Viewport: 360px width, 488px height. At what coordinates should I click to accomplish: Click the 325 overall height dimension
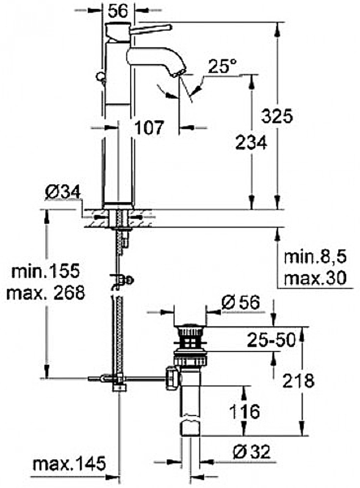pos(277,117)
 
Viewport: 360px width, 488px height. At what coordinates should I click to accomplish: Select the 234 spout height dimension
pos(251,143)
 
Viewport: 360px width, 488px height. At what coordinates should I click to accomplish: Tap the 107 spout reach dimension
pos(149,127)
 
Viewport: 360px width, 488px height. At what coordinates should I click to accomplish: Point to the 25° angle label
pos(222,66)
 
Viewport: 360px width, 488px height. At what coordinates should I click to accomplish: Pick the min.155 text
pos(46,271)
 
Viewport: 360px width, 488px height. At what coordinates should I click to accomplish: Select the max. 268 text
pos(46,293)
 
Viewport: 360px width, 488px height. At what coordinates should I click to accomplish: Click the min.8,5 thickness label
pos(315,257)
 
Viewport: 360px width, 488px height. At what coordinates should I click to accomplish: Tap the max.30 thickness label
pos(315,278)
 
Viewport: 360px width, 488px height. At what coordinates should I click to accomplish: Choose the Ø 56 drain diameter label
pos(240,302)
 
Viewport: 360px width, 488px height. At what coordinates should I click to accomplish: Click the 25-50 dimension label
pos(271,340)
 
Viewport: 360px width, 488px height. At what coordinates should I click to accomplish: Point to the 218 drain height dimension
pos(298,380)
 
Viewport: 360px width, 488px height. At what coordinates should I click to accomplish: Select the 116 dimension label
pos(245,411)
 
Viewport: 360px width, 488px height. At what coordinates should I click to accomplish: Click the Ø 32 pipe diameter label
pos(251,451)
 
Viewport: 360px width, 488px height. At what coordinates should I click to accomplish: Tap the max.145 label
pos(69,464)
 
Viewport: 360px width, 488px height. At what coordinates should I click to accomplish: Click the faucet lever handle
pos(151,29)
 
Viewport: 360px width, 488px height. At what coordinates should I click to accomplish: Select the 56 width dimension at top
pos(118,11)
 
